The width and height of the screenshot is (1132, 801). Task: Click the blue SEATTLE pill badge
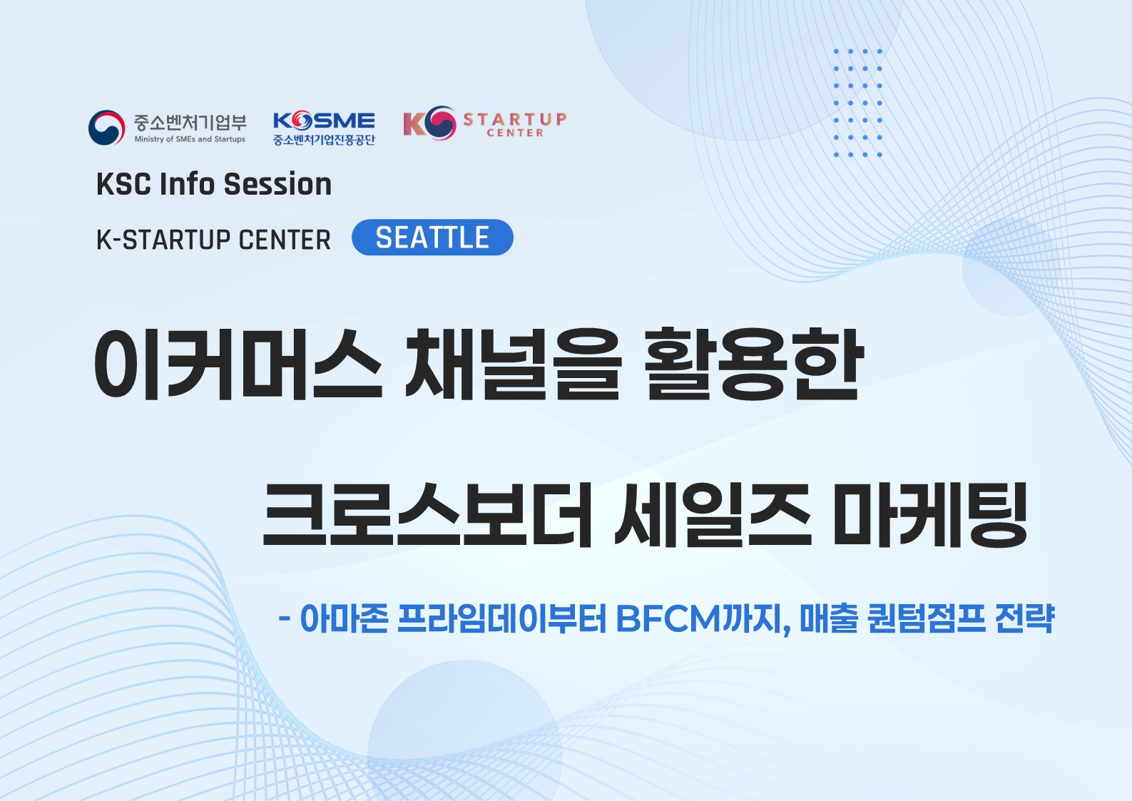tap(432, 238)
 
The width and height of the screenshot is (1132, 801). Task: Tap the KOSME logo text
tap(324, 121)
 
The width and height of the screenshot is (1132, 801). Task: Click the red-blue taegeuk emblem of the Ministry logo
tap(106, 128)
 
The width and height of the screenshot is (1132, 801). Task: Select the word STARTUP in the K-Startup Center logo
tap(515, 118)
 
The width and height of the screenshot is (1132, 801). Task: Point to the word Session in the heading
tap(277, 184)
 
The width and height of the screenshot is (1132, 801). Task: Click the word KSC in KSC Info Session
tap(123, 184)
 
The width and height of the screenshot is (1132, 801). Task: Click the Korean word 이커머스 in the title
tap(238, 364)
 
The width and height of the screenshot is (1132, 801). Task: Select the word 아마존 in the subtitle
tap(344, 618)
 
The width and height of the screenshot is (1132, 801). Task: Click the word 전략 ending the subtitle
tap(1024, 618)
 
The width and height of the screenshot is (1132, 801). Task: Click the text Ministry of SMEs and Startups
tap(190, 139)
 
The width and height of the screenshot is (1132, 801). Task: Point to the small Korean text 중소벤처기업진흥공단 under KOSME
tap(324, 140)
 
